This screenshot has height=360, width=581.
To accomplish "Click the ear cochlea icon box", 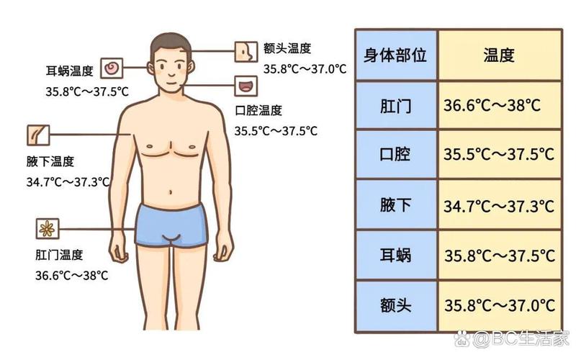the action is pyautogui.click(x=112, y=68).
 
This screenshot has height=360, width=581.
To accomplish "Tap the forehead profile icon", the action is pyautogui.click(x=246, y=52).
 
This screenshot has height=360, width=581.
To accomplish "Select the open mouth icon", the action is pyautogui.click(x=246, y=86).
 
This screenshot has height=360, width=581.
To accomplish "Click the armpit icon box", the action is pyautogui.click(x=38, y=135).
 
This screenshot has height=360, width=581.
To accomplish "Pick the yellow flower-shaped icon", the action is pyautogui.click(x=47, y=229).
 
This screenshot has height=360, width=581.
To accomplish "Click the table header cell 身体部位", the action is pyautogui.click(x=396, y=55).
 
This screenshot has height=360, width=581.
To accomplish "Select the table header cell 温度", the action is pyautogui.click(x=499, y=55).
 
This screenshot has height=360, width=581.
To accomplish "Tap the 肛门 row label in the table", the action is pyautogui.click(x=396, y=106).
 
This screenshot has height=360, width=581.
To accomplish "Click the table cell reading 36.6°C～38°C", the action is pyautogui.click(x=499, y=106).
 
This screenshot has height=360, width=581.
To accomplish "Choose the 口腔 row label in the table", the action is pyautogui.click(x=396, y=154).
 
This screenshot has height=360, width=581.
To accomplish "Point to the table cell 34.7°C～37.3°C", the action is pyautogui.click(x=499, y=205).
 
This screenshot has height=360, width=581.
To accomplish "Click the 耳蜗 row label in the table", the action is pyautogui.click(x=396, y=256).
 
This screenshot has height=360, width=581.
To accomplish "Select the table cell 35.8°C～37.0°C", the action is pyautogui.click(x=499, y=306).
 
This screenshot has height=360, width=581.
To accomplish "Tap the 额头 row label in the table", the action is pyautogui.click(x=396, y=306).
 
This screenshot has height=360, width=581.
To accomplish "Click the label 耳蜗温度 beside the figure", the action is pyautogui.click(x=69, y=71).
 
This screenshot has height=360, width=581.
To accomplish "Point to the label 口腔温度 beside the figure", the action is pyautogui.click(x=258, y=110).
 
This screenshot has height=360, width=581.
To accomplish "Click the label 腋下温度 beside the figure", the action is pyautogui.click(x=50, y=161).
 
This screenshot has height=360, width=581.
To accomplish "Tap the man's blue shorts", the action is pyautogui.click(x=171, y=225).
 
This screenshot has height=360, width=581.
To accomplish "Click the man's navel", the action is pyautogui.click(x=171, y=192).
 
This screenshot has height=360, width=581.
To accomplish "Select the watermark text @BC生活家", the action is pyautogui.click(x=521, y=338).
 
